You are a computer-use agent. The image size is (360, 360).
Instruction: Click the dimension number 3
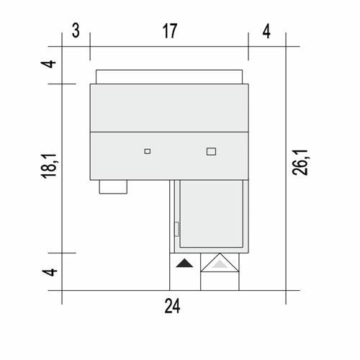click(76, 31)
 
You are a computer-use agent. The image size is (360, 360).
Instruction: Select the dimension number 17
click(170, 31)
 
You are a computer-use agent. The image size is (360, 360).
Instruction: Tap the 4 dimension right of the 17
click(266, 31)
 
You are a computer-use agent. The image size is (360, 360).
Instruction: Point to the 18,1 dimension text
click(49, 166)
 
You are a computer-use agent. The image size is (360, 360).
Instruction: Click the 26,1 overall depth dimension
click(300, 163)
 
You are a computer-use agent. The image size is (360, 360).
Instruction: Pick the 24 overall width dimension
click(172, 306)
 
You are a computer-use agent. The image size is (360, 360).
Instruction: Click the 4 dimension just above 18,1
click(48, 64)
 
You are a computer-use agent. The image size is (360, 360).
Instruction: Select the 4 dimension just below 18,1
click(50, 272)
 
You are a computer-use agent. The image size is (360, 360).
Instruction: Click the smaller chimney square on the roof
click(148, 151)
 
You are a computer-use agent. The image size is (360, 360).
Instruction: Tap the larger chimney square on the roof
click(211, 152)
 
